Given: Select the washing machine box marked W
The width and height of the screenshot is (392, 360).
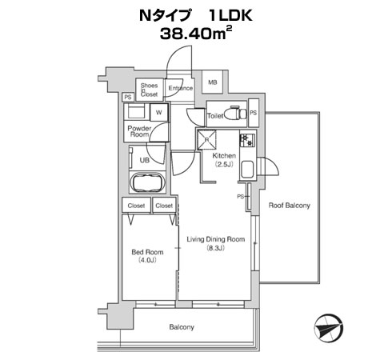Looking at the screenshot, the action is click(x=159, y=112).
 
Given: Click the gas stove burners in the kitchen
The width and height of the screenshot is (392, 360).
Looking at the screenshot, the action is click(x=247, y=140).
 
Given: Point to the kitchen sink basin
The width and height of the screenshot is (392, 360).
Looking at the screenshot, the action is click(x=247, y=170).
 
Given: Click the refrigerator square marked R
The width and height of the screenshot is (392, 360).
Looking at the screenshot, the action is click(x=206, y=139).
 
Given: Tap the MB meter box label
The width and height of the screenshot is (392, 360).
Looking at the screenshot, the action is click(x=213, y=82).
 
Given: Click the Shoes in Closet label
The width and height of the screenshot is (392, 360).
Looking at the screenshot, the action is click(x=150, y=90).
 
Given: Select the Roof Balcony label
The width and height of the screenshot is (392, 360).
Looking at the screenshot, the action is click(x=290, y=206).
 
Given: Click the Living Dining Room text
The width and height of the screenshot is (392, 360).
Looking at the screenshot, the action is click(x=216, y=239).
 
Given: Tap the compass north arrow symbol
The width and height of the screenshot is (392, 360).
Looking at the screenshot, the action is click(x=329, y=328).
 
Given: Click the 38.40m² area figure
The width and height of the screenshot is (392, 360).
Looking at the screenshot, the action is click(x=196, y=34).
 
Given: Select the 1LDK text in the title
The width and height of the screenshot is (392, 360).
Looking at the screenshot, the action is click(x=230, y=15).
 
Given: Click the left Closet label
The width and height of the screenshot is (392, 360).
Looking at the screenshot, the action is click(x=136, y=206).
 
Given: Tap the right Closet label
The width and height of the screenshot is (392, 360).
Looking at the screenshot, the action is click(x=164, y=206).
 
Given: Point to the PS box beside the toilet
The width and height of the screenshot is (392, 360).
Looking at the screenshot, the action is click(x=254, y=113).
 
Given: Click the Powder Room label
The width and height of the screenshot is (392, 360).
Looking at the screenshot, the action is click(x=139, y=131).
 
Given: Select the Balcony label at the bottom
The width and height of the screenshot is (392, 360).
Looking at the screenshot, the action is click(x=182, y=327).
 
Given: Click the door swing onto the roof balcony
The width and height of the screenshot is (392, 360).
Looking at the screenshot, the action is click(x=270, y=166).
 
